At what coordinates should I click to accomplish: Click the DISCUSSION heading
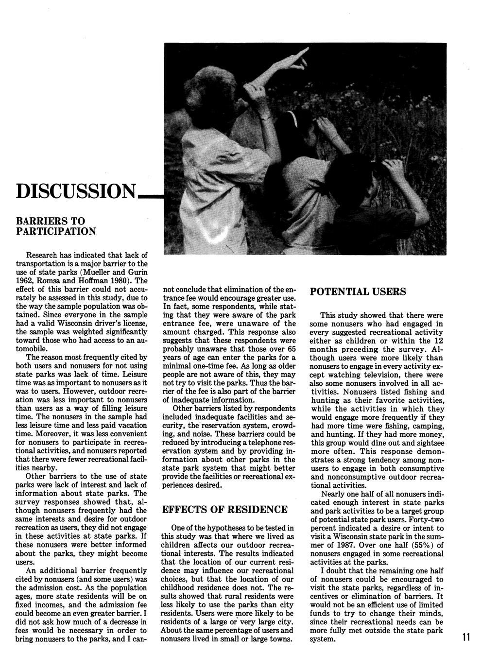click(x=76, y=192)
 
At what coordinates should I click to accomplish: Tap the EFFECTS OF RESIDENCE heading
click(x=224, y=509)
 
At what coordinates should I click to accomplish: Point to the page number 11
click(x=466, y=637)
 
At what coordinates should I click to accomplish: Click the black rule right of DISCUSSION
click(x=151, y=196)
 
